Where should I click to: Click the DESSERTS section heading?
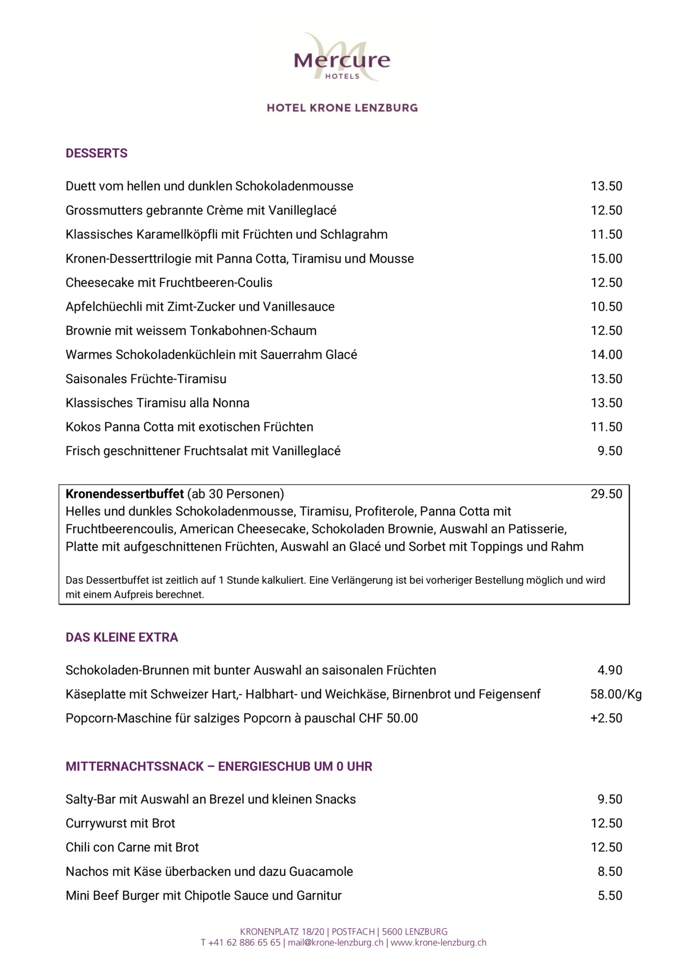pos(96,153)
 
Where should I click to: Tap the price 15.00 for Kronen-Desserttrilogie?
pos(606,259)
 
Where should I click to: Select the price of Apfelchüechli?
pos(606,307)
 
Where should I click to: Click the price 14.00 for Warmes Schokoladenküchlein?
pos(606,355)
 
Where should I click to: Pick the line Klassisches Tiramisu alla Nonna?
pos(158,403)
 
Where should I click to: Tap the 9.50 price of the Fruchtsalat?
pos(610,451)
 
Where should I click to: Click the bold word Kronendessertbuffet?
pos(124,494)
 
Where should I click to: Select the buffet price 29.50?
pos(606,494)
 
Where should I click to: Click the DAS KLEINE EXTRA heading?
pos(122,637)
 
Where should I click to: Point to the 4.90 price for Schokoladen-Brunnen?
pos(610,670)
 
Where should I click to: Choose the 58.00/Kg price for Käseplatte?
pos(616,694)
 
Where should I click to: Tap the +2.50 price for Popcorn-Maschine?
pos(606,718)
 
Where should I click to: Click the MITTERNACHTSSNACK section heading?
pos(219,767)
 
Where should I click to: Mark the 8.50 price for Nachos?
pos(610,871)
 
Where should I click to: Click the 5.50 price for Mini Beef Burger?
pos(610,896)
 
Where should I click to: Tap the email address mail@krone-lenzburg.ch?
pos(336,942)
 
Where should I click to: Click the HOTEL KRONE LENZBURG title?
pos(342,108)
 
